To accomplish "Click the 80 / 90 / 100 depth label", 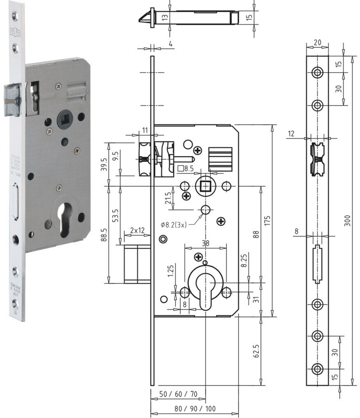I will pyautogui.click(x=195, y=409).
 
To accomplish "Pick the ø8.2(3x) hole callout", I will pyautogui.click(x=173, y=225).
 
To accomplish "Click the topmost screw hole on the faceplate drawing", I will pyautogui.click(x=317, y=73).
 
